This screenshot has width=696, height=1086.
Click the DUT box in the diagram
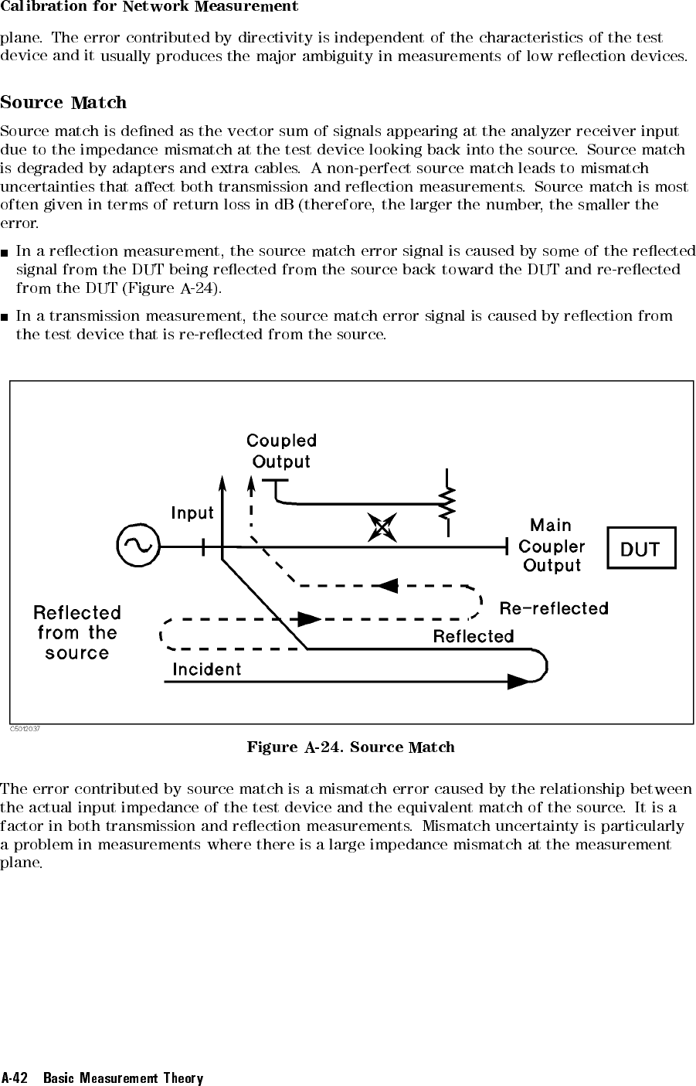pos(641,548)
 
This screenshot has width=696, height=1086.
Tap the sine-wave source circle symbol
pos(138,546)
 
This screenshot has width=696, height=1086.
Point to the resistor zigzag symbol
pos(446,502)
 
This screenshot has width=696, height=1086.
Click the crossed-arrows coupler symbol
pos(382,527)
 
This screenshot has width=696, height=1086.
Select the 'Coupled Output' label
pos(282,451)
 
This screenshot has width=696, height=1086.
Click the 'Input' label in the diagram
pos(192,513)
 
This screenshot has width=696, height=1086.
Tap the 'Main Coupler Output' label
pos(552,546)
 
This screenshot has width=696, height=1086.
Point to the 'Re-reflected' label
pos(554,608)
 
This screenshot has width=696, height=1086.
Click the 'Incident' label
pos(207,669)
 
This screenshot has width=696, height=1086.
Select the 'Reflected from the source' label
pos(77,633)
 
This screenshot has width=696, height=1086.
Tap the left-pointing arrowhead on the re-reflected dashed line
pos(386,586)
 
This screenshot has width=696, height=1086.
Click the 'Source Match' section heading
pos(63,103)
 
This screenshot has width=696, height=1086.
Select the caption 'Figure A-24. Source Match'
pos(351,747)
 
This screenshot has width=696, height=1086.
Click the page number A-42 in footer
pos(14,1077)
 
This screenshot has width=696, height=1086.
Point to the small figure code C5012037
pos(25,729)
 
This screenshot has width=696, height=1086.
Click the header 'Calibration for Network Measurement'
pos(149,6)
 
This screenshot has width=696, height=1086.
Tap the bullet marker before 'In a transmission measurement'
pos(5,318)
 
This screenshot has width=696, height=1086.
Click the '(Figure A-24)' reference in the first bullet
pos(172,288)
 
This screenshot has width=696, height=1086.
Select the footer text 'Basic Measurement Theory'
pos(123,1077)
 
